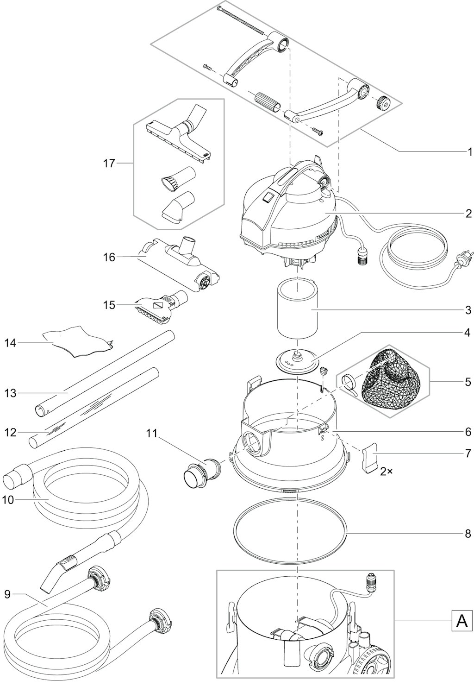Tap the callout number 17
(x=109, y=163)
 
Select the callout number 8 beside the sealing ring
(x=468, y=534)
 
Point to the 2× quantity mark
(x=386, y=472)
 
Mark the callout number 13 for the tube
(x=10, y=393)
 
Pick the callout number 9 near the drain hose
(x=7, y=595)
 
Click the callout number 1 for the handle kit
(x=469, y=152)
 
